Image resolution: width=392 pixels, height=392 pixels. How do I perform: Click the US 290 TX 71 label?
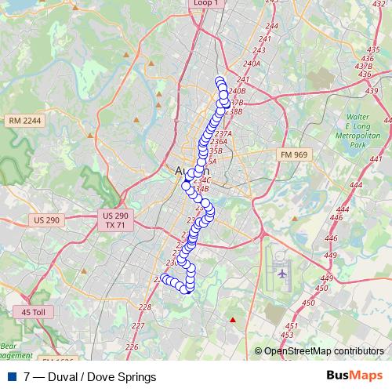[115, 220]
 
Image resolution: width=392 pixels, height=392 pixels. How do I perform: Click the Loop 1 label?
[204, 3]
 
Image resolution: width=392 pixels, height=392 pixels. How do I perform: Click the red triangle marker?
[232, 319]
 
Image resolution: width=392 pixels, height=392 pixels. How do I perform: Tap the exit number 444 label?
[355, 185]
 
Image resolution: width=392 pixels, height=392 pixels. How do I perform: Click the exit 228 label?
[144, 307]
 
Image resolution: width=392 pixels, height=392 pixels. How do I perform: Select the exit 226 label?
[131, 346]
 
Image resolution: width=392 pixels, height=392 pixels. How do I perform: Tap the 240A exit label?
[252, 63]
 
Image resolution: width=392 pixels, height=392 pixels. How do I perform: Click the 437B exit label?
[363, 66]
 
